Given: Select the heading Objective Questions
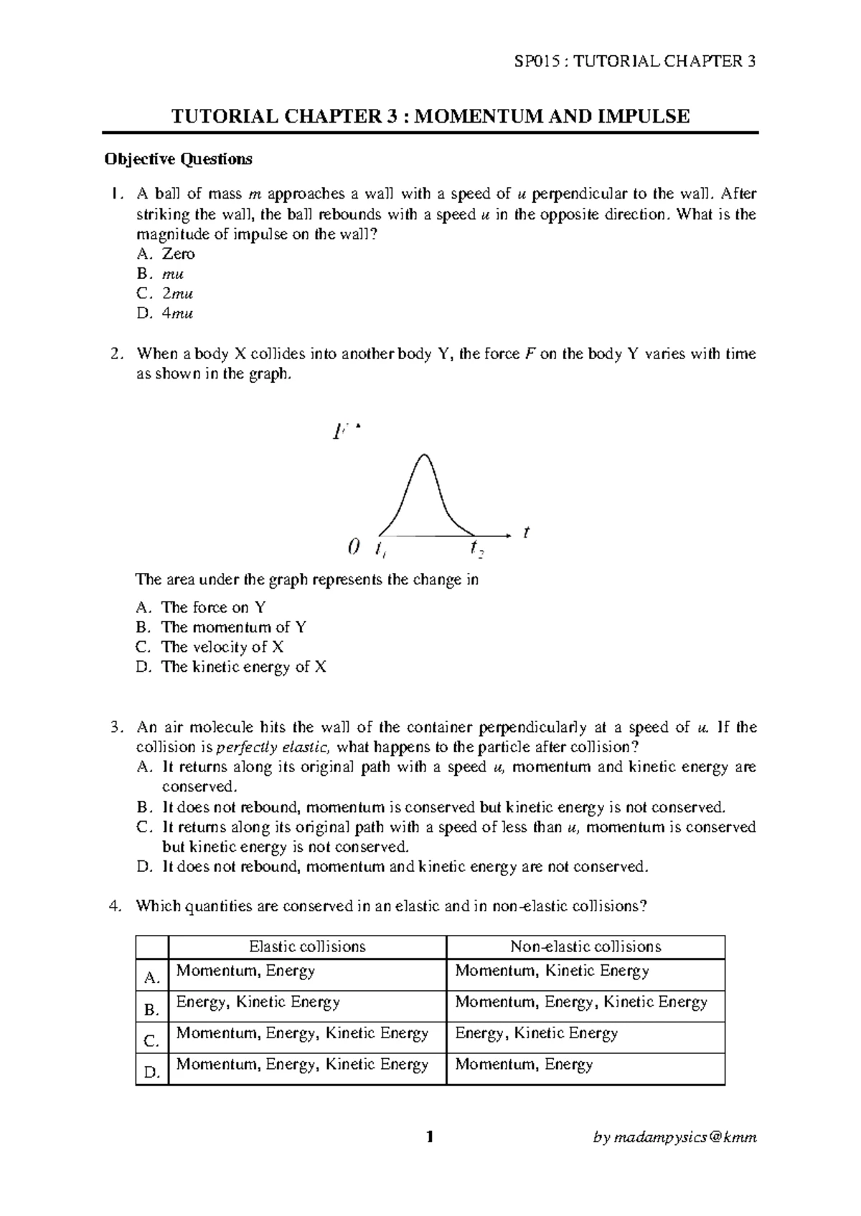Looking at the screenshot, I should point(178,159).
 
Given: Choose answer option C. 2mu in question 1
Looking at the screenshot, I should point(165,294).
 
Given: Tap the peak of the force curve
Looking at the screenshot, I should point(425,455).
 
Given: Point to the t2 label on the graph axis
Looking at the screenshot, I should point(477,549).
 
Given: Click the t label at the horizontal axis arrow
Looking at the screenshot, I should point(526,532).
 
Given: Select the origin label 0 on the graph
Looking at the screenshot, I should point(352,548).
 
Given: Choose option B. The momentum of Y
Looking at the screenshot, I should point(222,627).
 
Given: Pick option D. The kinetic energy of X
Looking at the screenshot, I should point(231,667).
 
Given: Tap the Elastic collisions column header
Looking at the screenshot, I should point(307,946).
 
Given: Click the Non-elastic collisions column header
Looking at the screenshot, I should point(585,946).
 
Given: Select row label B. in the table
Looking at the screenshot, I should point(151,1010).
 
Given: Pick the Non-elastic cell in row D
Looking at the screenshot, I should point(524,1065).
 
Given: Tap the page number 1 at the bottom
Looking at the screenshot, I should point(430,1136).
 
